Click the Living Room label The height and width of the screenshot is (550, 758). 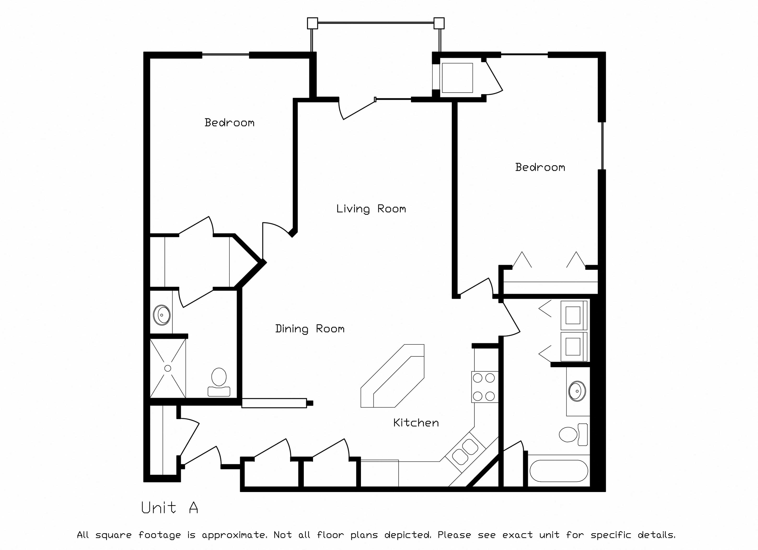pos(371,209)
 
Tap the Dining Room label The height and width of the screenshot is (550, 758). pos(309,329)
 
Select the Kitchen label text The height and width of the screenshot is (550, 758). pos(416,423)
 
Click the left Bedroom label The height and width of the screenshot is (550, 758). pos(229,123)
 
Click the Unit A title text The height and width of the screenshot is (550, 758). pos(169,508)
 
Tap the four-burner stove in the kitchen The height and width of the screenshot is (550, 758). pos(484,387)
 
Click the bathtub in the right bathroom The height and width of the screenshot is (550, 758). pos(558,471)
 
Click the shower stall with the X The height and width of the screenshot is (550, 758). pos(168,368)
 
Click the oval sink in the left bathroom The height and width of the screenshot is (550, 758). pos(162,315)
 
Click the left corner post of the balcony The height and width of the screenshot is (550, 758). pos(312,23)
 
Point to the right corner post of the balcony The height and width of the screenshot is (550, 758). pos(439,23)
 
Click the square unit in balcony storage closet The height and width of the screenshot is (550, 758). pos(457,78)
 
